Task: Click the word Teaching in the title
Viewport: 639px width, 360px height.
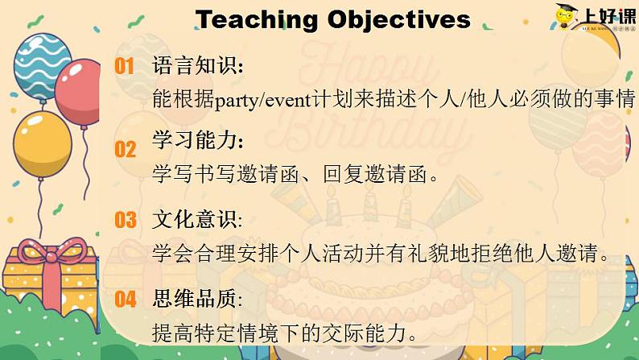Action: (257, 20)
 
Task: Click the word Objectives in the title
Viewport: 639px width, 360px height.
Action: (399, 20)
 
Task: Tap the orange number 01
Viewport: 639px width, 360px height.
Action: (124, 66)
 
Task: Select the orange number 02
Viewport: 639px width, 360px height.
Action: (125, 149)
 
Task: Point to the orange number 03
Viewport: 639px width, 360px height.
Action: (125, 220)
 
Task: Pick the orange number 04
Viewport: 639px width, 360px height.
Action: (125, 300)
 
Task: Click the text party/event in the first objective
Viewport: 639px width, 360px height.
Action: (263, 100)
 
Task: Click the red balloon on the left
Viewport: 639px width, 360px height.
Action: (79, 93)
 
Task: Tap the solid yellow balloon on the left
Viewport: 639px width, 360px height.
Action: (42, 145)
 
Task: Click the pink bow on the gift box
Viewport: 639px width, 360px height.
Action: (52, 254)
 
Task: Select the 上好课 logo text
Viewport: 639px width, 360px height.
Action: (609, 16)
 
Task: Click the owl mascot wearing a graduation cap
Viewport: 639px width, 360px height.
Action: (566, 16)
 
